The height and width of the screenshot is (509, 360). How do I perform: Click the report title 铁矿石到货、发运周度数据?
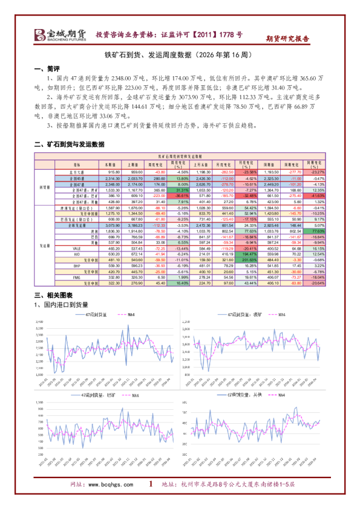coord(179,54)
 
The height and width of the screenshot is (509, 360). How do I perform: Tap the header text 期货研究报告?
coord(288,38)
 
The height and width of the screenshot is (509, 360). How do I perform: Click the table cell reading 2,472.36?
coord(203,225)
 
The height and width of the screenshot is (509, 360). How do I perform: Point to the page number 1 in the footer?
coord(150,484)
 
